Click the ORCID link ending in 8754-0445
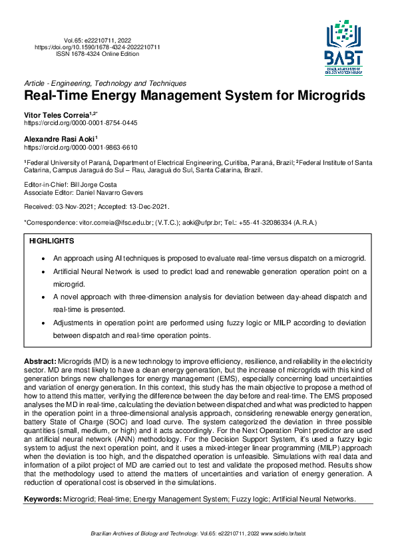(81, 123)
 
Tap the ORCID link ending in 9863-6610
(81, 147)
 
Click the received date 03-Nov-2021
(75, 207)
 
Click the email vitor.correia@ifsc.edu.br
(113, 222)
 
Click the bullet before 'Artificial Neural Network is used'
(43, 272)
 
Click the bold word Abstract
(40, 360)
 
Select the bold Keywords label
(42, 499)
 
